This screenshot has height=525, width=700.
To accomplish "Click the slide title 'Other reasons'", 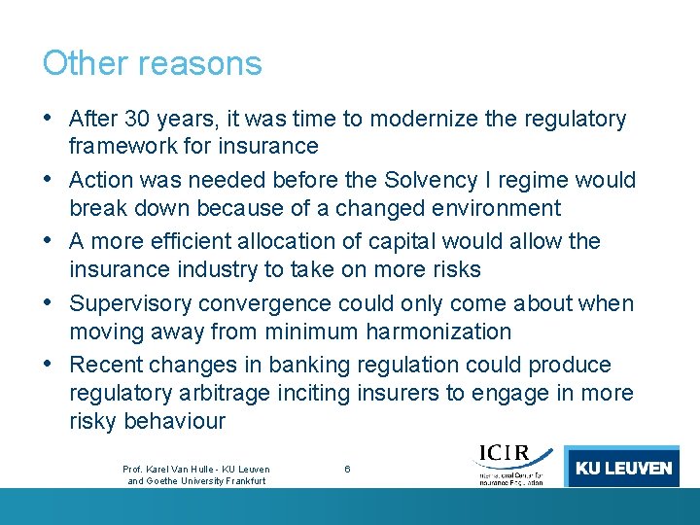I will (152, 63).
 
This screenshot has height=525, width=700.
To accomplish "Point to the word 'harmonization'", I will (438, 332).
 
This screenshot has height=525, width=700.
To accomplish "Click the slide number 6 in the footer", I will (347, 470).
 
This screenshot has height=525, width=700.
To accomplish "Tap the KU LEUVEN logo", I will (623, 468).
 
